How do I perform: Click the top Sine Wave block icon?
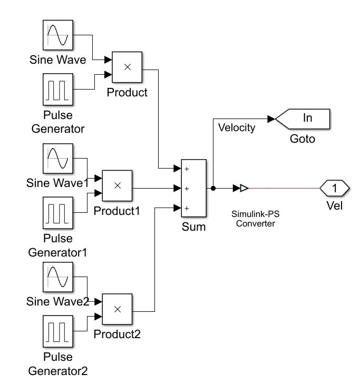(57, 36)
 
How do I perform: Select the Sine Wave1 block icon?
(57, 159)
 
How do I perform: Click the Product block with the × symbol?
(127, 67)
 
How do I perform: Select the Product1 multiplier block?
(118, 185)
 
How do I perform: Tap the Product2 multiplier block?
(118, 309)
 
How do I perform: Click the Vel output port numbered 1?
(334, 188)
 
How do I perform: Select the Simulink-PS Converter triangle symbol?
(244, 188)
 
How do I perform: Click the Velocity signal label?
(236, 127)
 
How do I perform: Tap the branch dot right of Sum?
(212, 188)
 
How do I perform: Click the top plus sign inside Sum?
(186, 169)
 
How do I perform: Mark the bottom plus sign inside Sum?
(186, 208)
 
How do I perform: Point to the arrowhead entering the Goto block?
(271, 119)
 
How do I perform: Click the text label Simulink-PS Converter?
(254, 219)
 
